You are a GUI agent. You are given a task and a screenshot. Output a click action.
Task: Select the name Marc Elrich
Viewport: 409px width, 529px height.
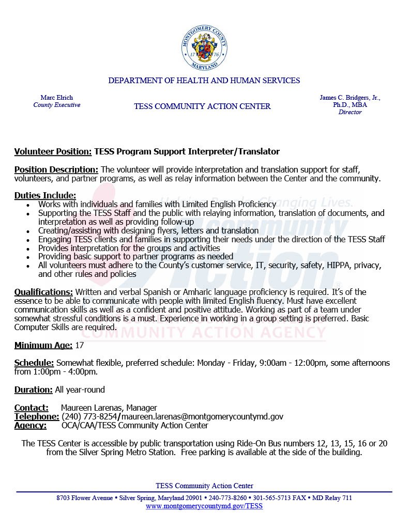pyautogui.click(x=57, y=98)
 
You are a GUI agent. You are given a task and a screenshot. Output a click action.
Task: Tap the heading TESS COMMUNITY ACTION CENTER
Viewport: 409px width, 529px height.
pyautogui.click(x=202, y=106)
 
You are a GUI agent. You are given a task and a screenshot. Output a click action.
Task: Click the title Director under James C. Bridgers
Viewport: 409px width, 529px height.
pyautogui.click(x=350, y=112)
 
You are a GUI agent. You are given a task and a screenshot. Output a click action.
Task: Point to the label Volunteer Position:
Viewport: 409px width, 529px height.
pyautogui.click(x=53, y=151)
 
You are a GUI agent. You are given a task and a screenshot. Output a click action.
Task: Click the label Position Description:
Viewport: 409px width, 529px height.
pyautogui.click(x=56, y=169)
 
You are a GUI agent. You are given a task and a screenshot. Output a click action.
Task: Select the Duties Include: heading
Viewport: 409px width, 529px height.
pyautogui.click(x=45, y=195)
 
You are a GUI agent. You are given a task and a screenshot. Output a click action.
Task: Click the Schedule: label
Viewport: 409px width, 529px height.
pyautogui.click(x=34, y=363)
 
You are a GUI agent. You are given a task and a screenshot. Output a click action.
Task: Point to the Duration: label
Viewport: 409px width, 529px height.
pyautogui.click(x=34, y=390)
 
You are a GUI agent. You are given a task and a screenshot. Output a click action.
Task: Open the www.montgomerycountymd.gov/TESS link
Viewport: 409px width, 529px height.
pyautogui.click(x=204, y=506)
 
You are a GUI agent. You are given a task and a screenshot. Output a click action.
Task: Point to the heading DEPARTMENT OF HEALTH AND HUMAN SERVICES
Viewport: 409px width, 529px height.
pyautogui.click(x=204, y=81)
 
